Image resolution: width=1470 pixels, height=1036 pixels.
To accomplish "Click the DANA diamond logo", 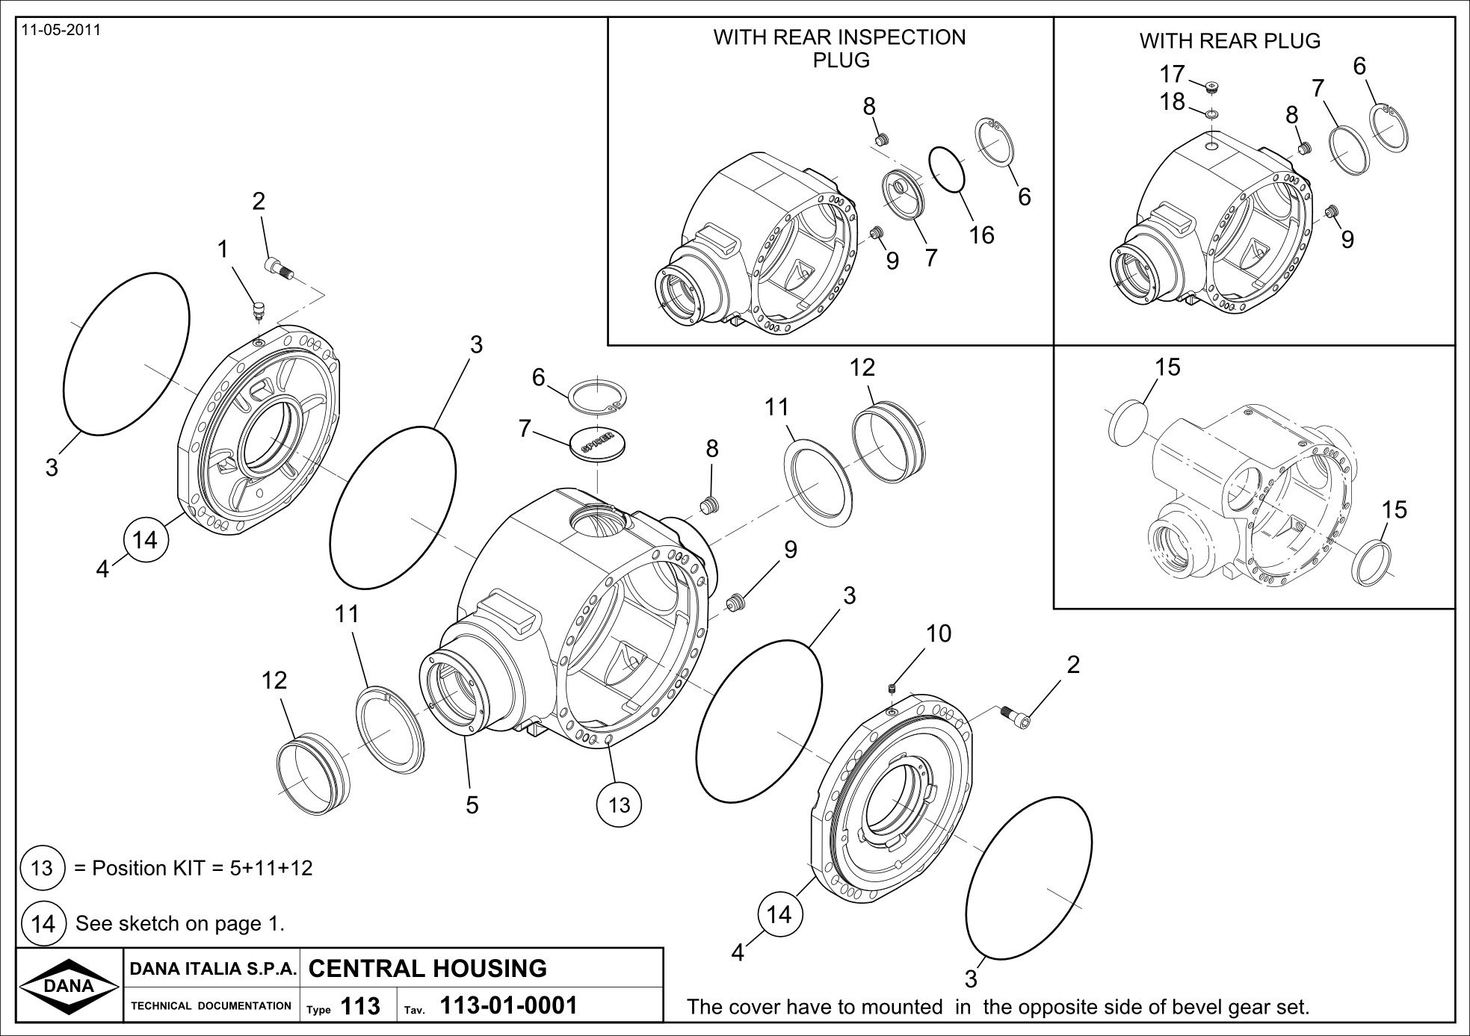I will pyautogui.click(x=69, y=985).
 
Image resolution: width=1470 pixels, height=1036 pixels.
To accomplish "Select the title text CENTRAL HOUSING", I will pyautogui.click(x=427, y=968).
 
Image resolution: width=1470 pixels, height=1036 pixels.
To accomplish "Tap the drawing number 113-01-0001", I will pyautogui.click(x=509, y=1005).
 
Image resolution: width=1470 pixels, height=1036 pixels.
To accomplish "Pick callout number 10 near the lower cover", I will pyautogui.click(x=939, y=633).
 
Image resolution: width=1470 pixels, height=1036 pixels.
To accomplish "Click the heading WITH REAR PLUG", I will pyautogui.click(x=1229, y=40).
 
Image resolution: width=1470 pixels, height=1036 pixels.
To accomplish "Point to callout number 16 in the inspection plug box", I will pyautogui.click(x=982, y=235).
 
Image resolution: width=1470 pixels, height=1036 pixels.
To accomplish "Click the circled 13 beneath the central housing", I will pyautogui.click(x=620, y=804).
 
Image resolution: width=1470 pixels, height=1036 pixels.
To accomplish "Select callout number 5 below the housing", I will pyautogui.click(x=472, y=804).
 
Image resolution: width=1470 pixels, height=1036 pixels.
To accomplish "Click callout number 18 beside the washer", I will pyautogui.click(x=1173, y=101).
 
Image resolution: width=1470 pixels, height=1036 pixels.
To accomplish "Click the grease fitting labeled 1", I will pyautogui.click(x=259, y=309).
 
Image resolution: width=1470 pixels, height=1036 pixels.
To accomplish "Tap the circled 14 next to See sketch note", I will pyautogui.click(x=43, y=924).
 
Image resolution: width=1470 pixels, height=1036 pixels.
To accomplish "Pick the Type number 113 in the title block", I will pyautogui.click(x=360, y=1006).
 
